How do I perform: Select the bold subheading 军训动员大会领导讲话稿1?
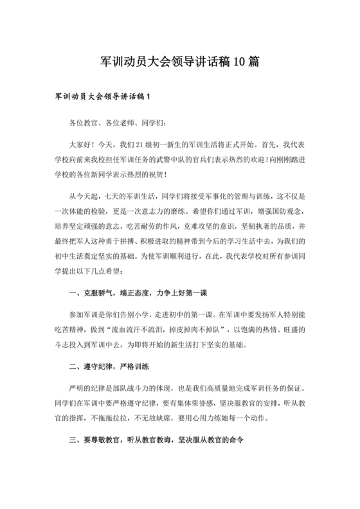click(x=102, y=98)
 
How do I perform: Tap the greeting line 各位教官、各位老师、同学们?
click(x=113, y=123)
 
